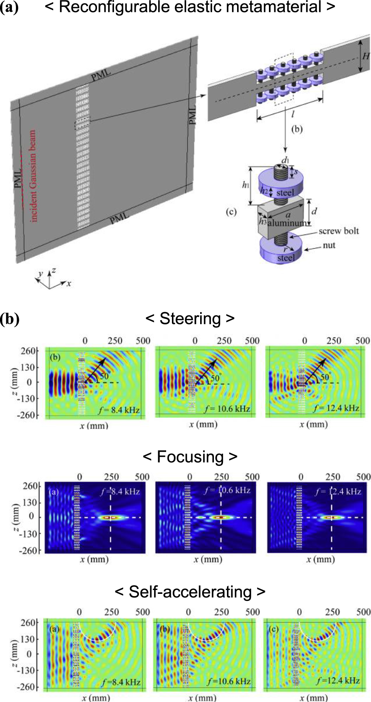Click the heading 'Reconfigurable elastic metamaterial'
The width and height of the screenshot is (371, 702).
click(190, 7)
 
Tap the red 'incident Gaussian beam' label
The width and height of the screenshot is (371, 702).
click(33, 176)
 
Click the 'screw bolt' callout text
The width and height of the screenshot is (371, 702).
click(338, 231)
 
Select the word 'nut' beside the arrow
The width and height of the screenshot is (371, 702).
click(329, 245)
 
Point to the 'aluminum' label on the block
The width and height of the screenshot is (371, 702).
click(288, 223)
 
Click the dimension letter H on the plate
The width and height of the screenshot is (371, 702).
click(366, 56)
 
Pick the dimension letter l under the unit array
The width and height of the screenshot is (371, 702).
click(292, 115)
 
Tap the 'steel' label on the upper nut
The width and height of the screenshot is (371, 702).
click(285, 193)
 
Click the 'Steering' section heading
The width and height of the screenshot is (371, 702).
click(190, 319)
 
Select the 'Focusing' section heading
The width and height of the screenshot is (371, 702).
click(190, 457)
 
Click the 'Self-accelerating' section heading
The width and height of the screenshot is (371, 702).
click(190, 592)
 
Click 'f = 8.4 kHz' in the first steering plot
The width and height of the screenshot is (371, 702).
click(119, 410)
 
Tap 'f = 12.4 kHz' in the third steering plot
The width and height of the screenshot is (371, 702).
click(337, 408)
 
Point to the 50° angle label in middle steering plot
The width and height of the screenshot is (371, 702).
click(216, 378)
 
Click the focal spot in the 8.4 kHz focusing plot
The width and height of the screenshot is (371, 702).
click(110, 518)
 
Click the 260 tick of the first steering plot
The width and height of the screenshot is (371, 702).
click(29, 351)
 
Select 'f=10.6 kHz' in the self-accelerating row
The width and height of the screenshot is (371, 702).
click(229, 682)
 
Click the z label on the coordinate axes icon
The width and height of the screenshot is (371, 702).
click(54, 270)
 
